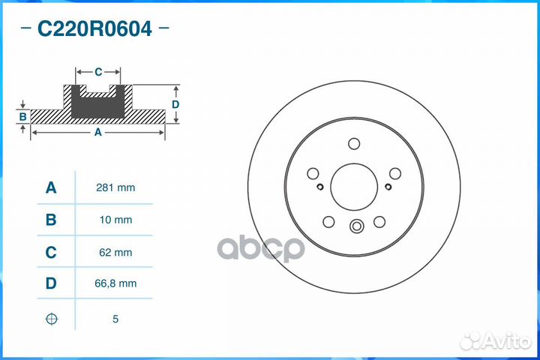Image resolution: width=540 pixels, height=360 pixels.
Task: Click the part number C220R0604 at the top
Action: tap(94, 30)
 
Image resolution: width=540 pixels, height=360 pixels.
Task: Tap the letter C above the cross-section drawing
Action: tap(98, 72)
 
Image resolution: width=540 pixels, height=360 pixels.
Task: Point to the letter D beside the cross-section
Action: tap(175, 104)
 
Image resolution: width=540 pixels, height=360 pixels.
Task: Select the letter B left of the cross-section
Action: tap(23, 116)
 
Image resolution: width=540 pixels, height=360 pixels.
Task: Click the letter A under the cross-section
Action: tap(97, 132)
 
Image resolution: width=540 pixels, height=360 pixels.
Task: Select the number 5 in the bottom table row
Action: tap(115, 319)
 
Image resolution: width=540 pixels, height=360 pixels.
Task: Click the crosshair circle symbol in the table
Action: tap(51, 319)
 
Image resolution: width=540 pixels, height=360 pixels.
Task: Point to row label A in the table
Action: tap(51, 187)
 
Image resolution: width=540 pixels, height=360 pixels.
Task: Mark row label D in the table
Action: tap(51, 283)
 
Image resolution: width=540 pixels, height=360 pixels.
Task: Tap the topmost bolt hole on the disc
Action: tap(354, 145)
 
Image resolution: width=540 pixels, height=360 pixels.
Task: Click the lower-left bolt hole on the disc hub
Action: tap(328, 221)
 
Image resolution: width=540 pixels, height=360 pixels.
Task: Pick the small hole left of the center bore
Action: tap(319, 187)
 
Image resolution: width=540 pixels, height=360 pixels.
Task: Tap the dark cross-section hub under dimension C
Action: tap(97, 106)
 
